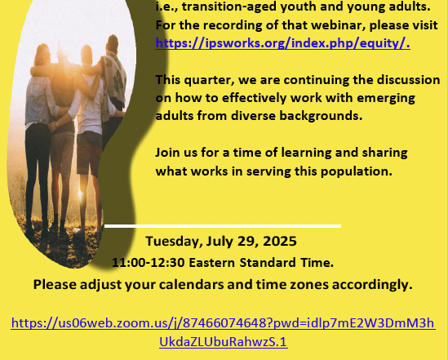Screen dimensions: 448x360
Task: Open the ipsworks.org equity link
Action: coord(283,43)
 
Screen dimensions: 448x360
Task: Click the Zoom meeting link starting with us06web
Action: coord(223,332)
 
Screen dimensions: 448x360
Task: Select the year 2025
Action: coord(280,241)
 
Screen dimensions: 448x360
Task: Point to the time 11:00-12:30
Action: coord(149,263)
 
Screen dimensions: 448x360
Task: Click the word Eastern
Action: coord(212,263)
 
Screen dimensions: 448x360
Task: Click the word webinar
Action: coord(338,25)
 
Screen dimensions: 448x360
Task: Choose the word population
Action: coord(357,171)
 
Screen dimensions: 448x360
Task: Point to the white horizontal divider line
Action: coord(223,226)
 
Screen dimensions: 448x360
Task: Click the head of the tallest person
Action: coord(113,43)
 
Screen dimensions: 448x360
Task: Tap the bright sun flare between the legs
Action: coord(81,194)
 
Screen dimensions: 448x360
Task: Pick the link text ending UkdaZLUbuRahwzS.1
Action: coord(223,342)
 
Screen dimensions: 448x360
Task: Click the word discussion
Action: coord(409,80)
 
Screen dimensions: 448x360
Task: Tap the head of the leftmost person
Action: coord(42,54)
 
